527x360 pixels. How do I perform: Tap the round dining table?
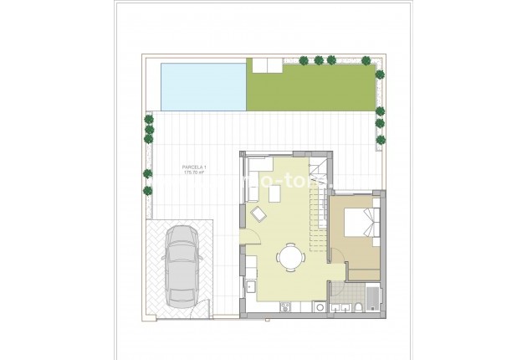(x=289, y=256)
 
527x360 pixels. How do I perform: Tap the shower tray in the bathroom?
(x=371, y=297)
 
